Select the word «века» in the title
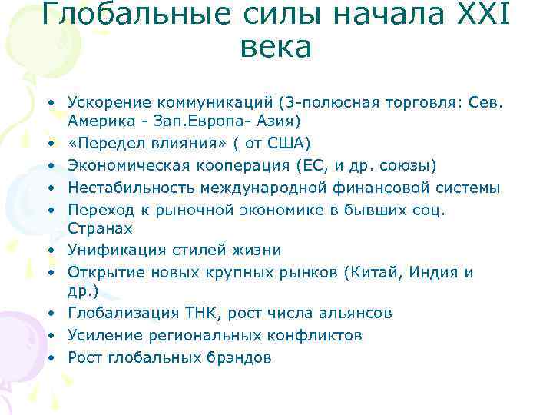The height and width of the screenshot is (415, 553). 276,48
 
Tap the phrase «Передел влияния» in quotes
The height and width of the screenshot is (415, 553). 146,143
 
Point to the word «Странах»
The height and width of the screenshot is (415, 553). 99,229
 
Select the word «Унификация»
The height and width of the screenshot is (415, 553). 107,251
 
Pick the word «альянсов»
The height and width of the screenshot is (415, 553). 357,314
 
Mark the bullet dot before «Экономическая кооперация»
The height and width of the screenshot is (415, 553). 48,165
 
